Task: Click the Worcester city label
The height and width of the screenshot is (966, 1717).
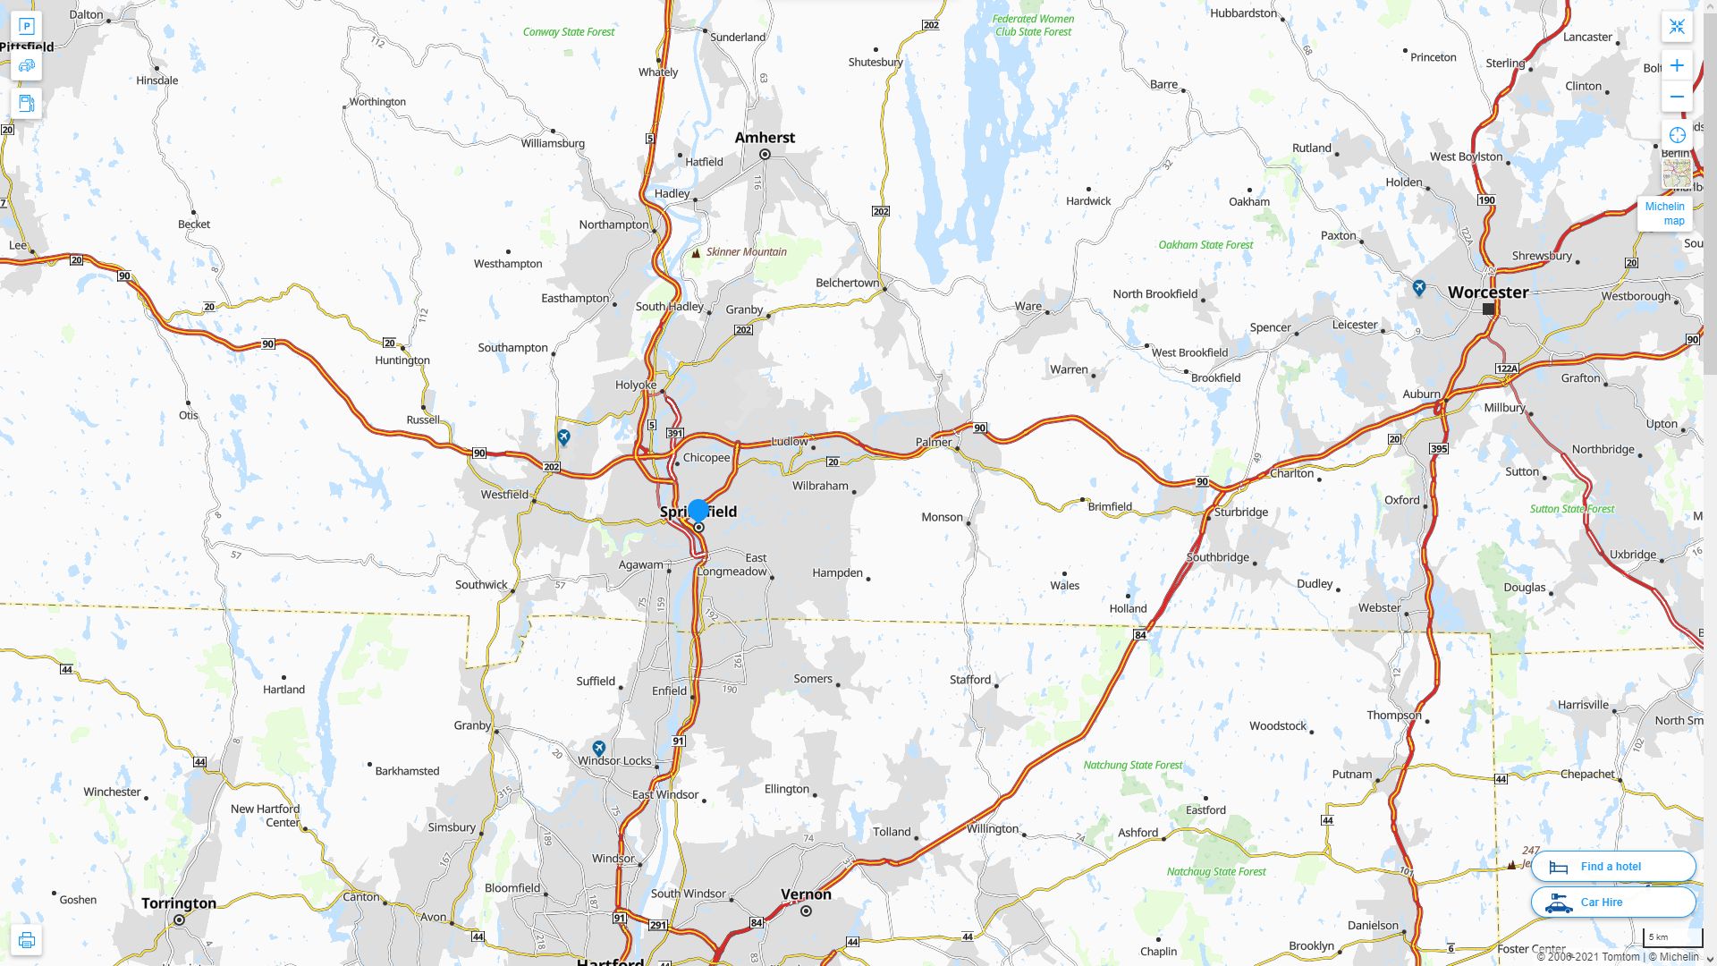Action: click(x=1488, y=292)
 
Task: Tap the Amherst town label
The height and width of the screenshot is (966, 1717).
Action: click(x=765, y=138)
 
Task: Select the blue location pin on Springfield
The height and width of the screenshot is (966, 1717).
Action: click(x=698, y=511)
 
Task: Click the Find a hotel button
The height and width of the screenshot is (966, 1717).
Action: click(x=1612, y=866)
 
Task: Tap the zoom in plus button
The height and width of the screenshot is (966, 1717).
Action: click(x=1677, y=65)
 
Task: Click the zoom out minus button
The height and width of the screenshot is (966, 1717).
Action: click(x=1677, y=97)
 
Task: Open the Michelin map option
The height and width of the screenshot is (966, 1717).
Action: click(x=1664, y=213)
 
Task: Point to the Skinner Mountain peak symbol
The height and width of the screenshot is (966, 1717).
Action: click(x=696, y=253)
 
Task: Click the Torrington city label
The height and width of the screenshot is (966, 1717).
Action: click(x=179, y=903)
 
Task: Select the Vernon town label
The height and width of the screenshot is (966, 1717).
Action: click(x=806, y=894)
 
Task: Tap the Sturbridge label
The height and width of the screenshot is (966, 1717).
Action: click(x=1240, y=513)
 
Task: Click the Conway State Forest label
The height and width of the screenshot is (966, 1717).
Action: click(x=569, y=32)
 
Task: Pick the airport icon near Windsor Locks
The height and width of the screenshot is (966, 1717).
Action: click(x=599, y=748)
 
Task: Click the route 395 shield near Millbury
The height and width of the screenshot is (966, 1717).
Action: click(x=1439, y=449)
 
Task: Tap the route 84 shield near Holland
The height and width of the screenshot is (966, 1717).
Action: click(x=1139, y=635)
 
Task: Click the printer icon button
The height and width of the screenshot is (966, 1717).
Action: click(x=26, y=940)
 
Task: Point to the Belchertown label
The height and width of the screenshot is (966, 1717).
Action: click(x=847, y=283)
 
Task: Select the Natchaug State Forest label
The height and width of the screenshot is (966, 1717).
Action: click(x=1216, y=872)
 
